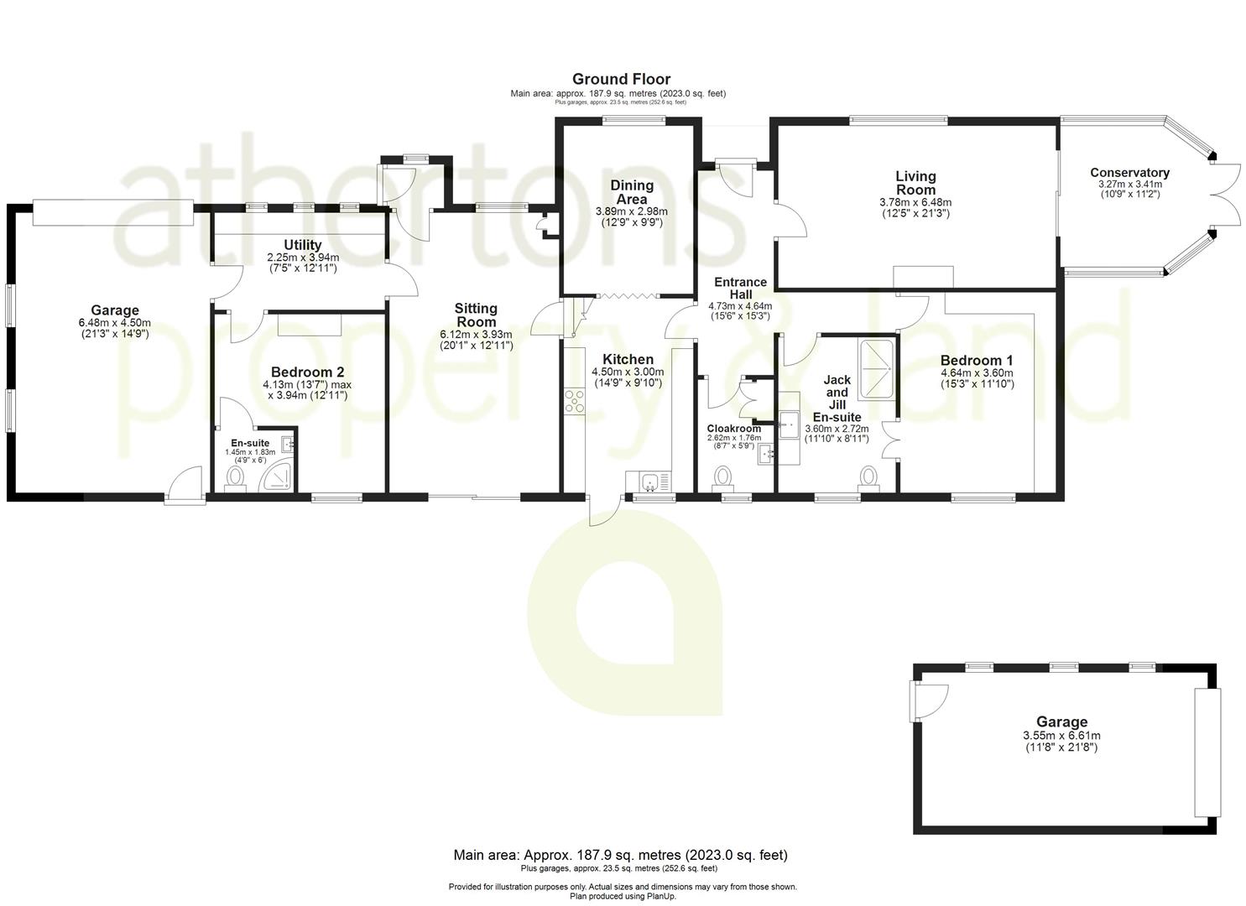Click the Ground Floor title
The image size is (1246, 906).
pos(621,80)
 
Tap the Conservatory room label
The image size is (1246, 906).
pos(1129,173)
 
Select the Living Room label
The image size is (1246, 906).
pos(915,183)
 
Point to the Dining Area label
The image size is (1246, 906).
pos(631,192)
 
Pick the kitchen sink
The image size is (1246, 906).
pos(649,482)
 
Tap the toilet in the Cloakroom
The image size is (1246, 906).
pos(722,479)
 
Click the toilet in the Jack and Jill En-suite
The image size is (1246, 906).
pos(868,478)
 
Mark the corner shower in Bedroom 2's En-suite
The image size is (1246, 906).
pos(278,476)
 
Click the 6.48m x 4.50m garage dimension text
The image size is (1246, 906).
pos(115,323)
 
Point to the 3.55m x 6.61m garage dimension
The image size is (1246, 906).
pos(1061,736)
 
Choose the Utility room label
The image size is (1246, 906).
pos(302,246)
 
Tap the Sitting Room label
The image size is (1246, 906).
pos(476,315)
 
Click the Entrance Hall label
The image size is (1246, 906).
pos(740,289)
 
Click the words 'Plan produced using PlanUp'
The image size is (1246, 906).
pos(623,896)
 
